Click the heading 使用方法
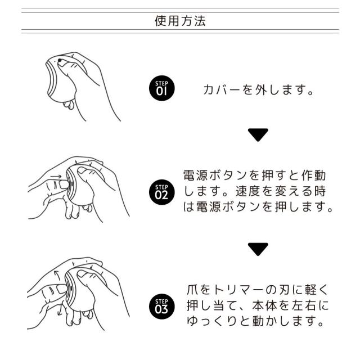tap(180, 21)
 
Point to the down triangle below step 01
tap(258, 134)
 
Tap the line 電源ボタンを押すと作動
tap(255, 175)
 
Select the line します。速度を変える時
tap(255, 191)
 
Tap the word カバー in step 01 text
tap(216, 90)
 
